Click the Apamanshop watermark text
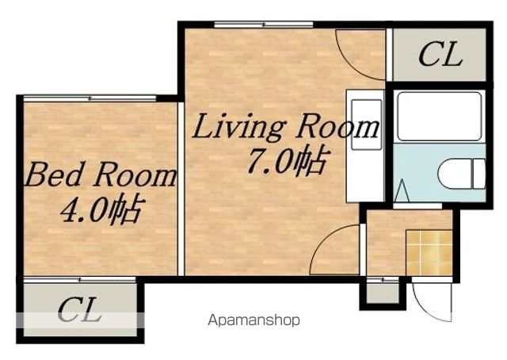[x=253, y=320]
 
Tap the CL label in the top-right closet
[x=440, y=54]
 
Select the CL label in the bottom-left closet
[x=80, y=309]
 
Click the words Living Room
[x=285, y=128]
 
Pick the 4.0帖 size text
[x=101, y=209]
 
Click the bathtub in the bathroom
[x=440, y=117]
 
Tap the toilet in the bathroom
[x=462, y=174]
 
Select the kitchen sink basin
[x=367, y=124]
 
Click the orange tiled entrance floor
[x=429, y=252]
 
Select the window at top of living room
[x=264, y=25]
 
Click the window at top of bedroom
[x=90, y=98]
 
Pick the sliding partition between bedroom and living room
[x=181, y=189]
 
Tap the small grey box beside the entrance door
[x=383, y=293]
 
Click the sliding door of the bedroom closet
[x=80, y=280]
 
